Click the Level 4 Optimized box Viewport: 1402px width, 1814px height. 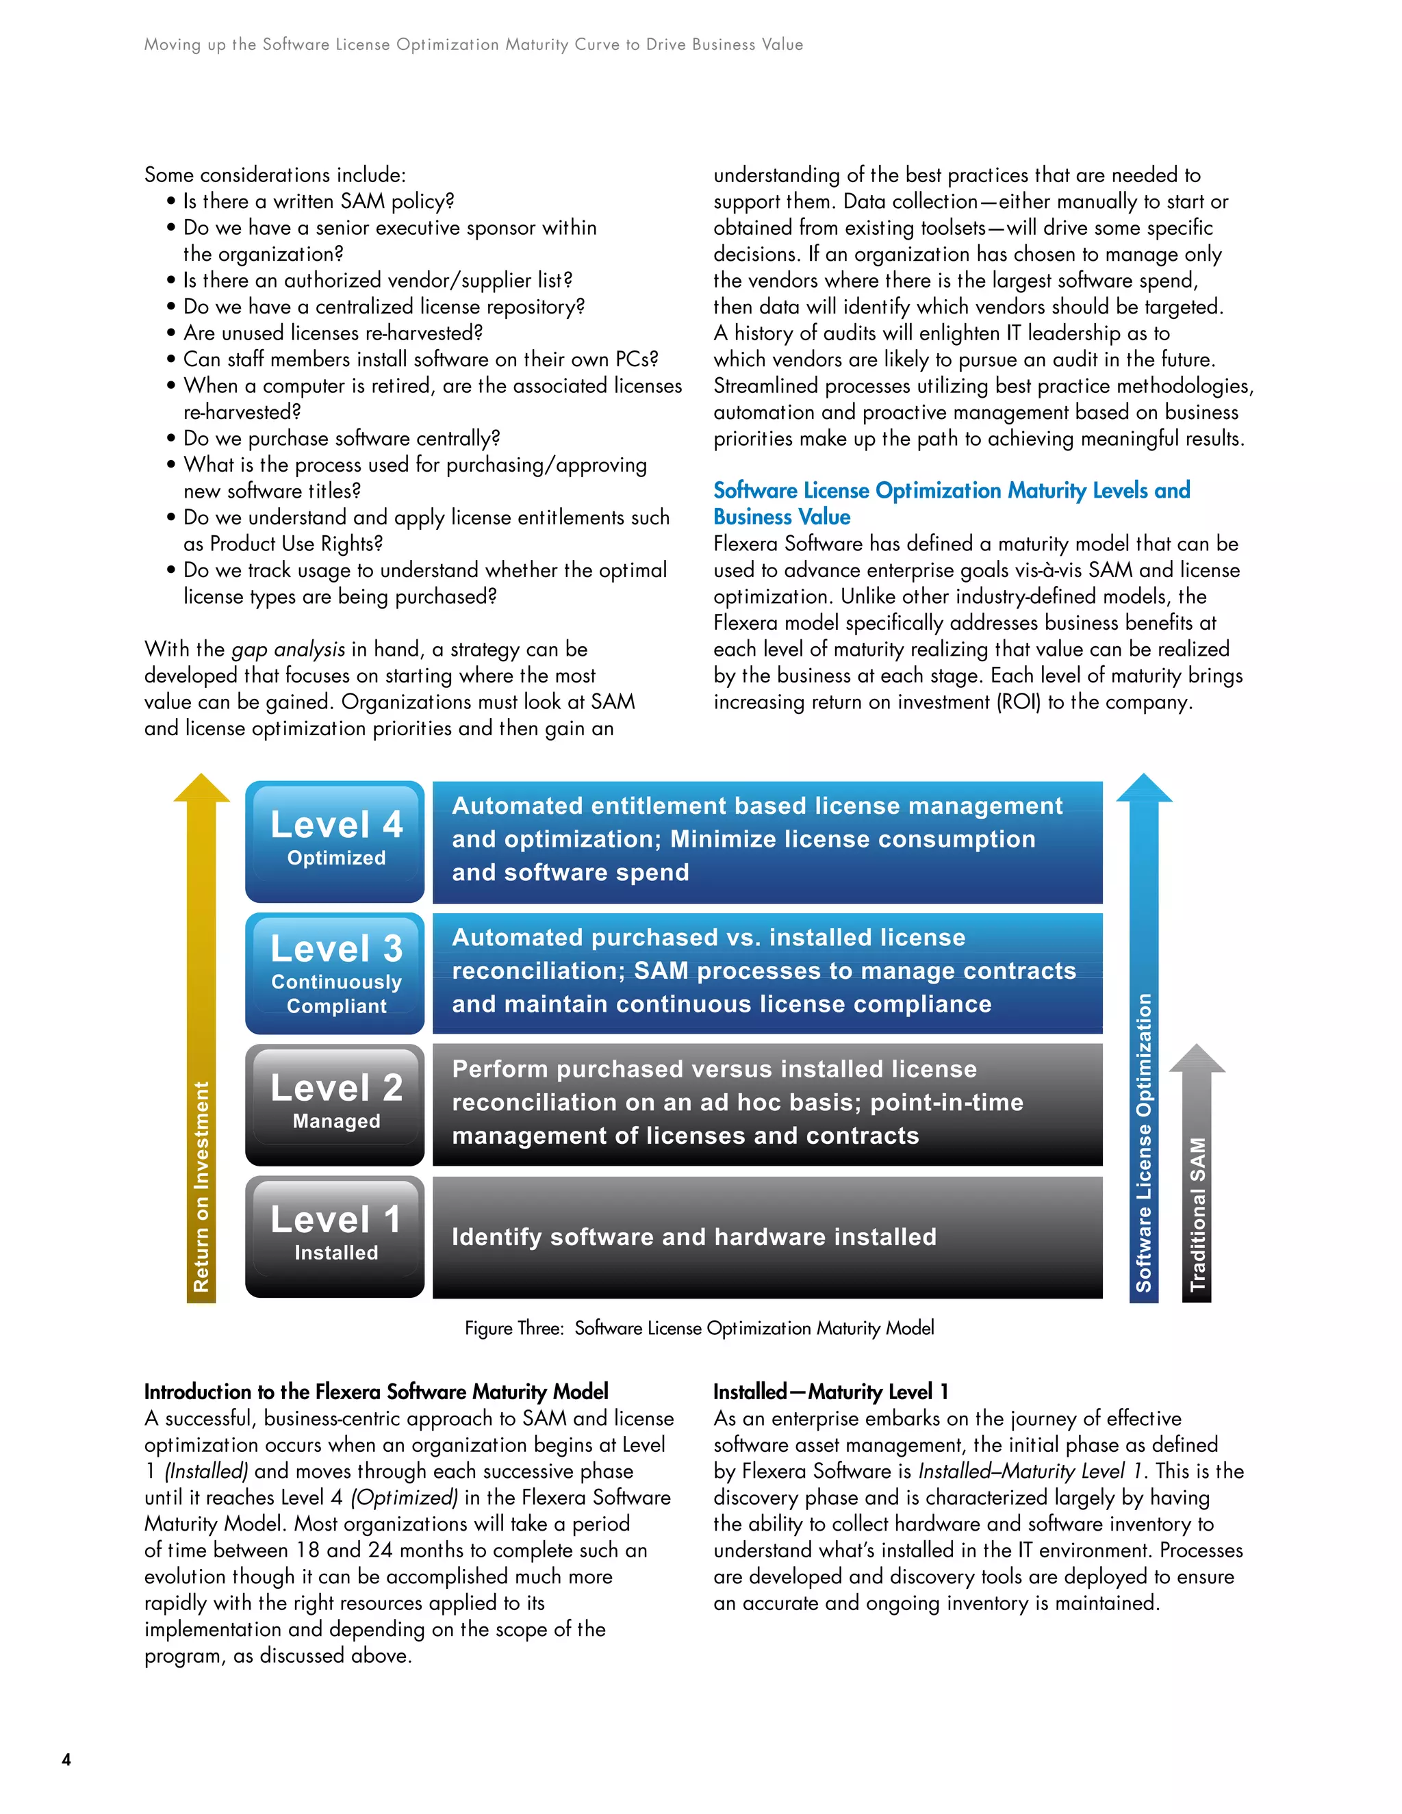(335, 841)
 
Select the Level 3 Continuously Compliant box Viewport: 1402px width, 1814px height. (335, 973)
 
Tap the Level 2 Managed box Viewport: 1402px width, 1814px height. (335, 1104)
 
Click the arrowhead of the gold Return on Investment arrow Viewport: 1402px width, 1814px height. (201, 789)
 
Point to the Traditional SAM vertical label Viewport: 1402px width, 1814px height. (1197, 1214)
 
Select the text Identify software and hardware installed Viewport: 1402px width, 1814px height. (693, 1237)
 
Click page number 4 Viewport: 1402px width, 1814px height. (66, 1759)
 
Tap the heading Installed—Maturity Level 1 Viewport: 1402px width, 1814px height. (830, 1391)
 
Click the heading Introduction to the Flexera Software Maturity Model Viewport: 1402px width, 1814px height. (375, 1391)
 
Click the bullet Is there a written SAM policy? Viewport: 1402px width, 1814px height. (318, 201)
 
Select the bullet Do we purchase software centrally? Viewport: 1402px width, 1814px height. (342, 439)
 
